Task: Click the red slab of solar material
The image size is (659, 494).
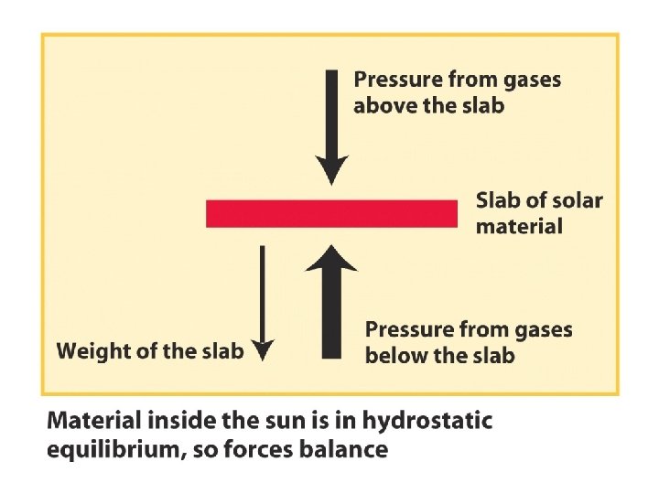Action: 331,213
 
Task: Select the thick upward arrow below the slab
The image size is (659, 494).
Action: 331,302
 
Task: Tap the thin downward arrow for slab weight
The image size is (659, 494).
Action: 263,302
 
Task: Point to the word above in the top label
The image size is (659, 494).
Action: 383,105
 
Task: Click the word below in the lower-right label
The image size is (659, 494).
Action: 394,355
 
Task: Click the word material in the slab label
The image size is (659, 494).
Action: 519,226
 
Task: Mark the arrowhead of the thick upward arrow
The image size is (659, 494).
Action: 331,260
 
